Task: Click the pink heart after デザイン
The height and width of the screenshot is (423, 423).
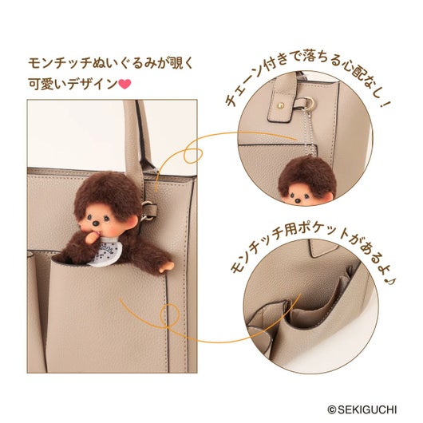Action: tap(125, 84)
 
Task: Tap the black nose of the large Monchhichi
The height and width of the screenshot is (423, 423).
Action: tap(96, 223)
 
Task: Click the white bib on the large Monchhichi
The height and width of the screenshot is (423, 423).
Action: tap(103, 251)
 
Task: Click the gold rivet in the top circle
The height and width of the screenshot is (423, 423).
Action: tap(281, 105)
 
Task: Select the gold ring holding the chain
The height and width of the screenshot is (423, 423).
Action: tap(308, 104)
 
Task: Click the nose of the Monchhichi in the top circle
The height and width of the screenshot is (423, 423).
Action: tap(298, 200)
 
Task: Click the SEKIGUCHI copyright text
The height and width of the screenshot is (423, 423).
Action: tap(362, 409)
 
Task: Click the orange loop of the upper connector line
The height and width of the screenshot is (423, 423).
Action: tap(192, 156)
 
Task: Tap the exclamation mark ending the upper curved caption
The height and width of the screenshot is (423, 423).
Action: tap(385, 104)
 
